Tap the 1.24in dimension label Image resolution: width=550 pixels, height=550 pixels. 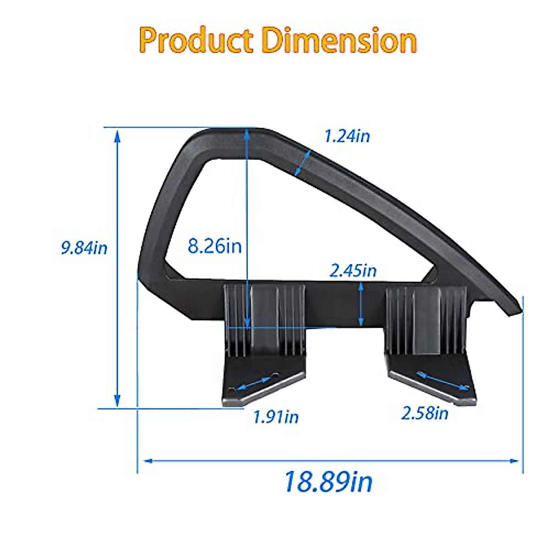[x=347, y=136]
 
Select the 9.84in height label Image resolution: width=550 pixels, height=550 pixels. [x=84, y=248]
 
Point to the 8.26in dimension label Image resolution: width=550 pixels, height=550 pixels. [x=214, y=246]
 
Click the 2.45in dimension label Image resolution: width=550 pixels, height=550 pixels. [x=353, y=270]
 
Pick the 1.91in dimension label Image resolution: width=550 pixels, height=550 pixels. [x=276, y=417]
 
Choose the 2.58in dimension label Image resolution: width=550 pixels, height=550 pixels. [x=425, y=413]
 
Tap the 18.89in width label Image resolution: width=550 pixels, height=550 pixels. [x=328, y=482]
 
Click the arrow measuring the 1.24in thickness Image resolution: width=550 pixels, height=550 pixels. [x=302, y=163]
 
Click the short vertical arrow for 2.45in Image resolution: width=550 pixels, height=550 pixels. [x=362, y=303]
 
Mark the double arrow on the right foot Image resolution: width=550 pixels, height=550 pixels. [x=443, y=381]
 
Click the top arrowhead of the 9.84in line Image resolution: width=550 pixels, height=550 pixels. [x=117, y=135]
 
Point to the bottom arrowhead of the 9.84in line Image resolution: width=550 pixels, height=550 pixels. [x=117, y=401]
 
